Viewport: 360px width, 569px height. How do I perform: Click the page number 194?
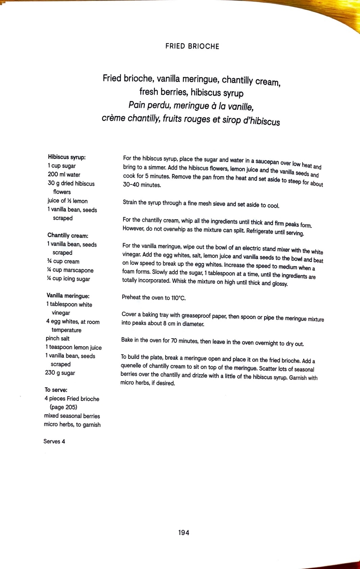point(184,533)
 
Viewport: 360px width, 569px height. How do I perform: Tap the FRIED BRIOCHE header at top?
point(192,46)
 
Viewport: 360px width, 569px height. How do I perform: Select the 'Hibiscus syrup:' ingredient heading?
point(67,157)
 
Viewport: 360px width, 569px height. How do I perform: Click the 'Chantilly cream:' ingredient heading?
point(68,236)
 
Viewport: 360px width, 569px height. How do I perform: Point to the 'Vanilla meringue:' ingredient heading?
point(68,296)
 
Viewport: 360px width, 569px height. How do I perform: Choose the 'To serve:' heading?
point(56,390)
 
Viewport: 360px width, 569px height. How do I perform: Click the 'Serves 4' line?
point(54,441)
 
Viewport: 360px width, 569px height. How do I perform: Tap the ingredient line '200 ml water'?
point(64,175)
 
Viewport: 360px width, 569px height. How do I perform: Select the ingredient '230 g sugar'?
point(60,373)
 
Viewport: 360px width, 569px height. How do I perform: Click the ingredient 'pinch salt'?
point(57,339)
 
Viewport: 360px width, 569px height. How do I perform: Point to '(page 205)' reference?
point(63,407)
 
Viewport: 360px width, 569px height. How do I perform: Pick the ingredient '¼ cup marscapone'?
point(70,270)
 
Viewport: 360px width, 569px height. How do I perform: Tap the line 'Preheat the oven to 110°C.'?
point(153,298)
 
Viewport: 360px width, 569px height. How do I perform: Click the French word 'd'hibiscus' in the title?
point(261,121)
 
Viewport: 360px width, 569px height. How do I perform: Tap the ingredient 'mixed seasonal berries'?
point(72,416)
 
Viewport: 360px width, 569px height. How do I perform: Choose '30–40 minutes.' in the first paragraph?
point(142,185)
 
